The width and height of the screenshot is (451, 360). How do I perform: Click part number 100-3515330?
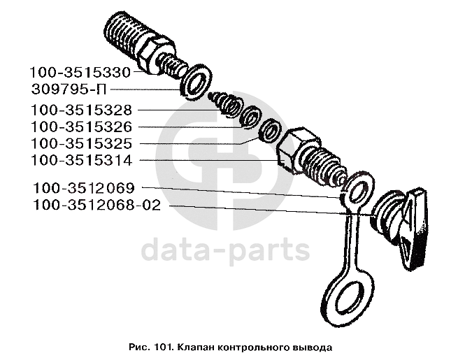coord(80,73)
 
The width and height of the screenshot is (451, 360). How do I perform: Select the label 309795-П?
coord(69,89)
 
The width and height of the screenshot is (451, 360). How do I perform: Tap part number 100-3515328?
coord(81,110)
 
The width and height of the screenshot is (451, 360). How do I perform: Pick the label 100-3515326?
coord(81,127)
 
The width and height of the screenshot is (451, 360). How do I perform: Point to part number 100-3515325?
coord(81,143)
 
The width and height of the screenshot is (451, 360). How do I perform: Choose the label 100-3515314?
coord(81,161)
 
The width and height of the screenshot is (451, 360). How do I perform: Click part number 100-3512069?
coord(84,188)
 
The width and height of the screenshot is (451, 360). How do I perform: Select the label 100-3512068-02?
coord(97,206)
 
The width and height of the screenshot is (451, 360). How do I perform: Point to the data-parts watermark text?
coord(225,251)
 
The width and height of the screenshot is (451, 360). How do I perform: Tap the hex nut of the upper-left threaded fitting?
coord(156,54)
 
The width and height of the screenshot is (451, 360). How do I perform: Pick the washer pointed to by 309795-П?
coord(196,82)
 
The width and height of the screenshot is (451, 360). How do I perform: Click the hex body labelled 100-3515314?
coord(298,150)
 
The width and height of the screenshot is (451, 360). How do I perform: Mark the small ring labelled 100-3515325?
coord(270,131)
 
